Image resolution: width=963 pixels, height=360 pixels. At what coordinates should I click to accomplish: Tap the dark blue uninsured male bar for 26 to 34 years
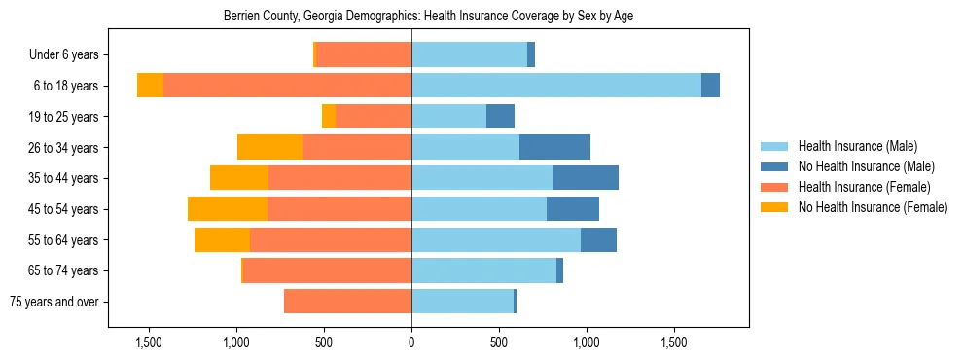tap(554, 147)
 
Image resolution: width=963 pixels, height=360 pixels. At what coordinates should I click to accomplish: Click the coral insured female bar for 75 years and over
tap(347, 302)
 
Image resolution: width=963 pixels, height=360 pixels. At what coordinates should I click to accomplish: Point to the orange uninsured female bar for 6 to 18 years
tap(150, 86)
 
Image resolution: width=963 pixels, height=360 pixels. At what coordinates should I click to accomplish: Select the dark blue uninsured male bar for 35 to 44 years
tap(585, 178)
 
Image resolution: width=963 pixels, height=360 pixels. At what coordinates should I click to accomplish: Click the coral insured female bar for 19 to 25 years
tap(374, 117)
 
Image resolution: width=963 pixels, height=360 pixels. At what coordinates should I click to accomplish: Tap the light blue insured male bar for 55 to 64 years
tap(496, 240)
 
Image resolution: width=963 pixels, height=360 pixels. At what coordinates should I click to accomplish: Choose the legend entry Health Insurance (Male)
tap(857, 146)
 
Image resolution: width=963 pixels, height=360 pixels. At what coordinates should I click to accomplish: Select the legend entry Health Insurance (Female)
tap(864, 187)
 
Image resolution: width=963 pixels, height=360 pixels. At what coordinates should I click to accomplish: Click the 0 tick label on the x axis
tap(411, 343)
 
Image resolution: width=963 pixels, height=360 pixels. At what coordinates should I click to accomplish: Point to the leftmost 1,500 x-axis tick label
tap(149, 343)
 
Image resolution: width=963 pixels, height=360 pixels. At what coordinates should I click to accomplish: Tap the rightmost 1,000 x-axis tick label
tap(587, 343)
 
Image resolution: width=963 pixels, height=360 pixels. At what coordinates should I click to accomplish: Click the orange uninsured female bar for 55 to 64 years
tap(222, 240)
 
